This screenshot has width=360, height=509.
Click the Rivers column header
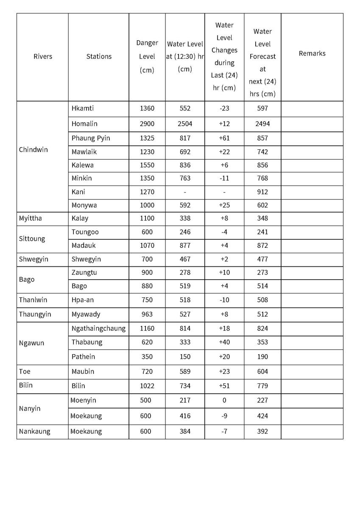(43, 56)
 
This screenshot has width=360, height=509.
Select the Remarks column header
(312, 53)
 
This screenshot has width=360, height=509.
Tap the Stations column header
(99, 56)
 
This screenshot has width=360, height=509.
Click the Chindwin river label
(33, 150)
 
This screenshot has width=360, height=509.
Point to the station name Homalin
(84, 124)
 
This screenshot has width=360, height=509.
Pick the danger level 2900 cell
(147, 124)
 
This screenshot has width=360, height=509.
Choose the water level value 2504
(185, 124)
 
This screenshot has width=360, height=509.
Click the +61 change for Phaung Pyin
(224, 138)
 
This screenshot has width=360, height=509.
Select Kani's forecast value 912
(262, 192)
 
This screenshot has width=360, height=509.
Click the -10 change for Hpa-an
(224, 300)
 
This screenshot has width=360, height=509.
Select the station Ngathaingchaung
(98, 328)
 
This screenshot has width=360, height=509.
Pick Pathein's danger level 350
(147, 357)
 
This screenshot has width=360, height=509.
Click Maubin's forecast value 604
(262, 372)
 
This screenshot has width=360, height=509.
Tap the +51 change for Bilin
(224, 386)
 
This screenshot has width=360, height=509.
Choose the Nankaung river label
(34, 431)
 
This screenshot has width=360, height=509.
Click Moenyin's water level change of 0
(224, 400)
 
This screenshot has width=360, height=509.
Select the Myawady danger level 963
(147, 314)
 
